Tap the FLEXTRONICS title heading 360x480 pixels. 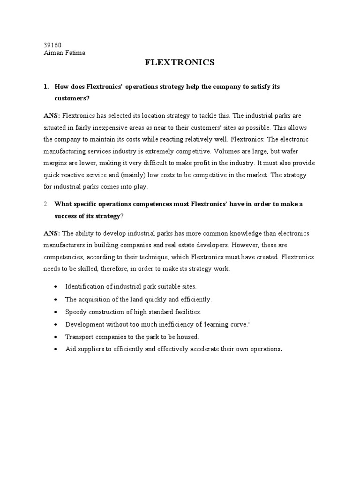(179, 62)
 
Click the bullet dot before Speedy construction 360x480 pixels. (56, 312)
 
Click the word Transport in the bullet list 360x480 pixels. (78, 337)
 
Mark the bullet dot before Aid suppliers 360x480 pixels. (56, 349)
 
